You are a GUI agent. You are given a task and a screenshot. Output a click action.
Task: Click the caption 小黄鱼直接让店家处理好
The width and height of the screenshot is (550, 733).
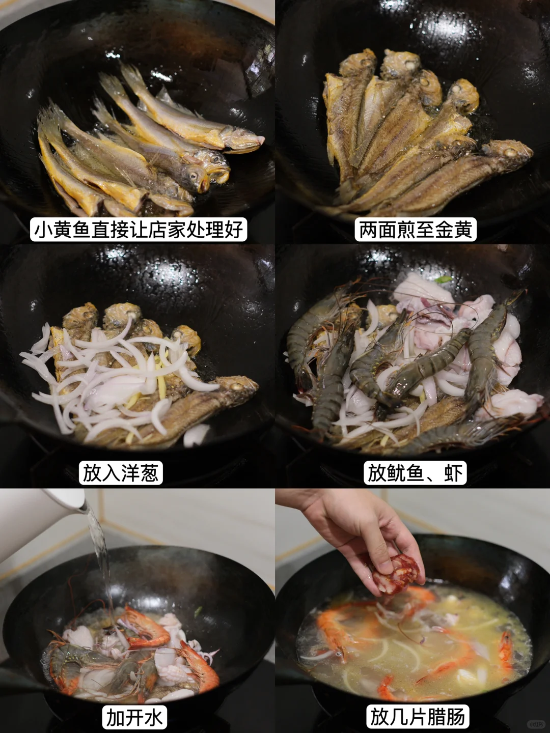point(138,230)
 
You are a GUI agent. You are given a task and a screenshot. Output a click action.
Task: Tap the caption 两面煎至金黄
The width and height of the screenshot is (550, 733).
point(416,230)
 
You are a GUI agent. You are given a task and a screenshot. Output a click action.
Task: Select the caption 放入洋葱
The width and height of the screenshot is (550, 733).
point(121,473)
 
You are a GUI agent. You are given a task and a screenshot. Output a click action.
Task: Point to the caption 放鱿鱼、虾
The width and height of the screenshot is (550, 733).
point(415,473)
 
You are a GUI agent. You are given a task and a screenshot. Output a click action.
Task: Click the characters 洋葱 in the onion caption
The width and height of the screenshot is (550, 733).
point(140,473)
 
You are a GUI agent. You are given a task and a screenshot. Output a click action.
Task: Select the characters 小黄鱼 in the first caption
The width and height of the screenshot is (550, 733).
point(62,230)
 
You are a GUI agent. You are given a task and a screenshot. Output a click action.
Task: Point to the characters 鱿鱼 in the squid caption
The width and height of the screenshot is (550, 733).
point(405,473)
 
